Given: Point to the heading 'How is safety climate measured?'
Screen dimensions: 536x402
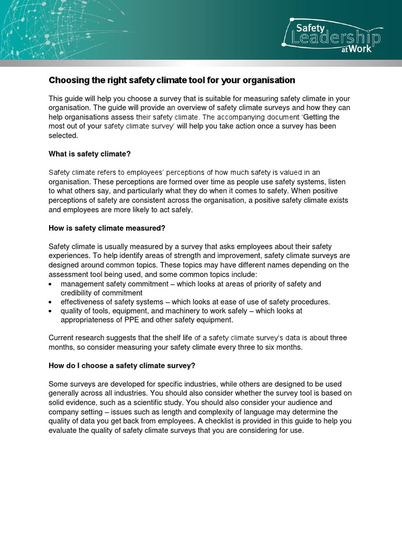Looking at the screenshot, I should click(x=107, y=228).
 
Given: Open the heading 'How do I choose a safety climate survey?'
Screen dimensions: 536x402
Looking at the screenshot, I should click(x=121, y=365).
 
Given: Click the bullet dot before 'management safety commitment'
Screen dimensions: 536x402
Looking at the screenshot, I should click(x=50, y=284).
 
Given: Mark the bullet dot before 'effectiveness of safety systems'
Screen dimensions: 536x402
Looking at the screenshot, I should click(x=50, y=302).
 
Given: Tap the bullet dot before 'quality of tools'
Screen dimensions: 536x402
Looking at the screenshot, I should click(x=50, y=311).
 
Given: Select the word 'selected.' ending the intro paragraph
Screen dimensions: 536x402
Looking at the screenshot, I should click(x=63, y=135).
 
